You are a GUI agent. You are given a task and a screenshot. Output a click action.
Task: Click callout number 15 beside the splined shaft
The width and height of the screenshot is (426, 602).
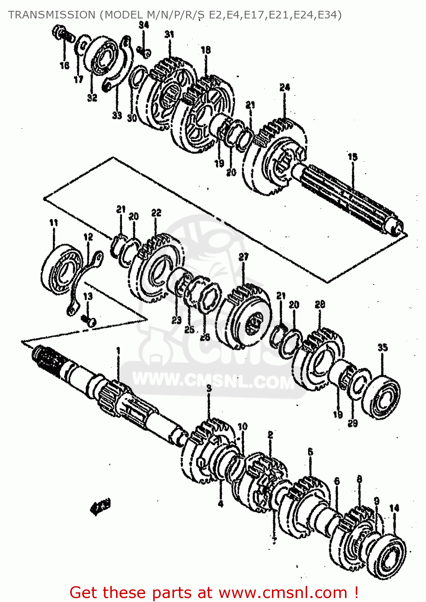(x=352, y=157)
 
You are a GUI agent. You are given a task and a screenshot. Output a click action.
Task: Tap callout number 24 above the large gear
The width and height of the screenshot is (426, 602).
(x=284, y=87)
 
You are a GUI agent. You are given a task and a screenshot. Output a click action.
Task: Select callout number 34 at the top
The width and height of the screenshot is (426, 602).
(x=144, y=25)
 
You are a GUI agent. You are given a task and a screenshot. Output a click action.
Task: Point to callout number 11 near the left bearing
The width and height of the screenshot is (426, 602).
(x=53, y=223)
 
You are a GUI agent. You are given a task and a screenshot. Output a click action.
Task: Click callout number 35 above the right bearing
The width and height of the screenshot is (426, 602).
(x=382, y=347)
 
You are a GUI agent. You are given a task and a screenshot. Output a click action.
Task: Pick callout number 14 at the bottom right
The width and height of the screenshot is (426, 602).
(x=394, y=508)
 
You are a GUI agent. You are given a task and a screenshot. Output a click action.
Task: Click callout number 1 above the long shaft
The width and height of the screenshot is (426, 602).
(x=118, y=351)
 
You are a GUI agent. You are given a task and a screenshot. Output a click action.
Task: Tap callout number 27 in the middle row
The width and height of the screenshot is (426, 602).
(x=243, y=257)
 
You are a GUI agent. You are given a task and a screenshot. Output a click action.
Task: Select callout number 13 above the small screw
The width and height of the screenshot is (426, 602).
(x=88, y=296)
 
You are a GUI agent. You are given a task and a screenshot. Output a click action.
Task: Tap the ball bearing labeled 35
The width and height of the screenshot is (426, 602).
(x=381, y=395)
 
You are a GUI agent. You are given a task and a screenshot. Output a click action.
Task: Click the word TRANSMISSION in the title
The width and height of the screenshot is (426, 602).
(x=51, y=15)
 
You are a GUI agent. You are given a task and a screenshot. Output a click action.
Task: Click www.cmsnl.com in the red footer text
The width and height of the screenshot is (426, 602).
(x=282, y=592)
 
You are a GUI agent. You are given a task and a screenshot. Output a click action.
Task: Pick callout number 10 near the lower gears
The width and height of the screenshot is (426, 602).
(x=243, y=427)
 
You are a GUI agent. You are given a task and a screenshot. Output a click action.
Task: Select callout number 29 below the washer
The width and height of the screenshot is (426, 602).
(x=353, y=423)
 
